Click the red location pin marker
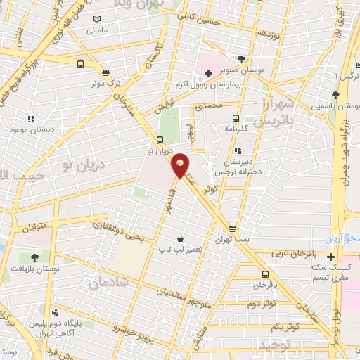180,165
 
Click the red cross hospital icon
209,73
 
